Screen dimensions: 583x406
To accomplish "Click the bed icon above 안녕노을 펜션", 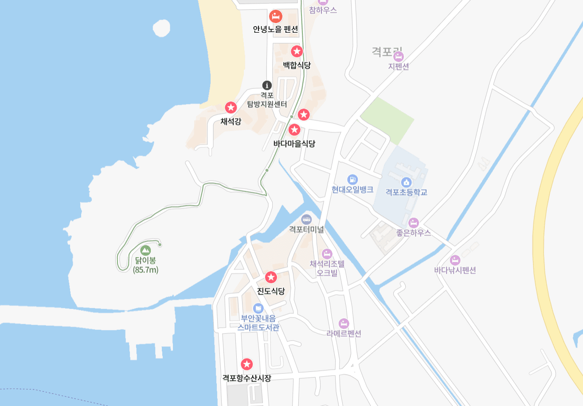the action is point(275,17).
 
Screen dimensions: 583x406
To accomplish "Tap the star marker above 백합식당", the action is point(297,51).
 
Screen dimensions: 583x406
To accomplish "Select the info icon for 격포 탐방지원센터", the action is point(266,85).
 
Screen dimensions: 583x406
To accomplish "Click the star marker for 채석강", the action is point(231,107).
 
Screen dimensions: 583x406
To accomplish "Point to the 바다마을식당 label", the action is point(294,143).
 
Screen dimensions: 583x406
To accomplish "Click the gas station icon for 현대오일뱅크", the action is point(352,179).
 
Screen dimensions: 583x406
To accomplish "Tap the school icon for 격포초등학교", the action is point(406,182).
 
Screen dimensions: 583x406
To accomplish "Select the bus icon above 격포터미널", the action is point(306,219).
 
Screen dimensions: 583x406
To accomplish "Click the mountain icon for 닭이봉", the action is point(145,251).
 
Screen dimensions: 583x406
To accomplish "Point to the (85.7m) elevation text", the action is point(145,269).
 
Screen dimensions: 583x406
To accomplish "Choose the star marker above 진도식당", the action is point(271,278).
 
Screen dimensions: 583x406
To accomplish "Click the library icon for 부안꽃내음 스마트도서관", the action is point(258,308).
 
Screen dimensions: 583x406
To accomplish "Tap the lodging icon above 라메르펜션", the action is point(344,323).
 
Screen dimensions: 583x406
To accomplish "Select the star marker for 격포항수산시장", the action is point(247,364).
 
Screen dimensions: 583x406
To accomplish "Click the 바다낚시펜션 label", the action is point(455,270).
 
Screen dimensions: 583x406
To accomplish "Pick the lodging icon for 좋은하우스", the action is point(414,223).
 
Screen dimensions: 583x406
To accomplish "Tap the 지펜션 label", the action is point(398,66).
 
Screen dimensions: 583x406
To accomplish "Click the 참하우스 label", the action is point(323,10).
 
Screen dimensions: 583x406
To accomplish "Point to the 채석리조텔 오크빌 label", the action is point(327,268).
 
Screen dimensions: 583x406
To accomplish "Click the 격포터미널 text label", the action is point(306,230).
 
